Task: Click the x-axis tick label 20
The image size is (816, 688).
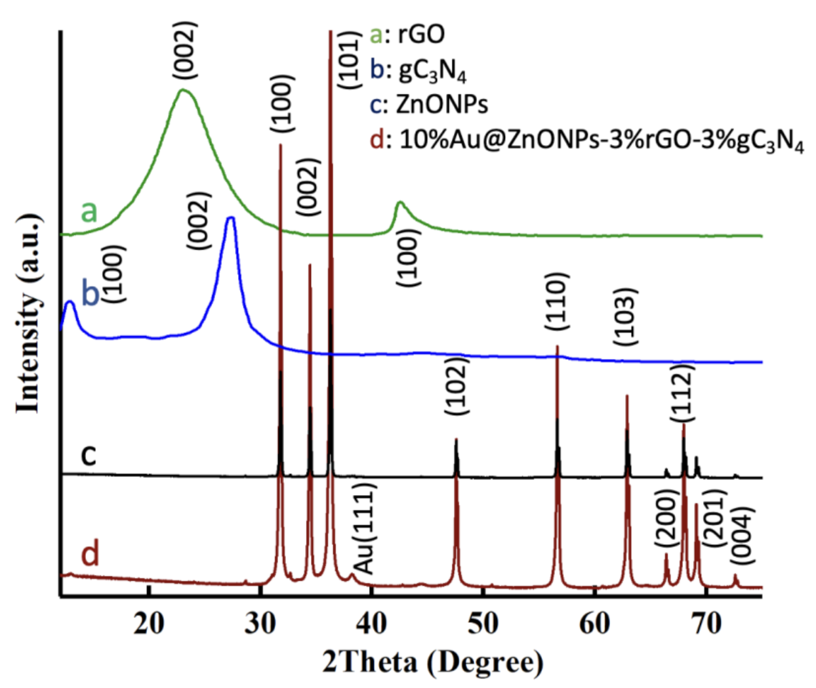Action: tap(149, 623)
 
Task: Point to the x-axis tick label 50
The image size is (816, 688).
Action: tap(483, 623)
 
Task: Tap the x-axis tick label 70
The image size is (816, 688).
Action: tap(706, 623)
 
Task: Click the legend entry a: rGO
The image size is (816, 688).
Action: tap(407, 33)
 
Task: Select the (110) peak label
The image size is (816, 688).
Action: tap(556, 302)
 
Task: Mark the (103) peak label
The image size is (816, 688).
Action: tap(625, 317)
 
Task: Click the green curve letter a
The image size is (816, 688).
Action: tap(89, 211)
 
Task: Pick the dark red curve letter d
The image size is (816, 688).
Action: tap(90, 553)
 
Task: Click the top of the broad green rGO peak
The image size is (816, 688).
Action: tap(184, 90)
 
